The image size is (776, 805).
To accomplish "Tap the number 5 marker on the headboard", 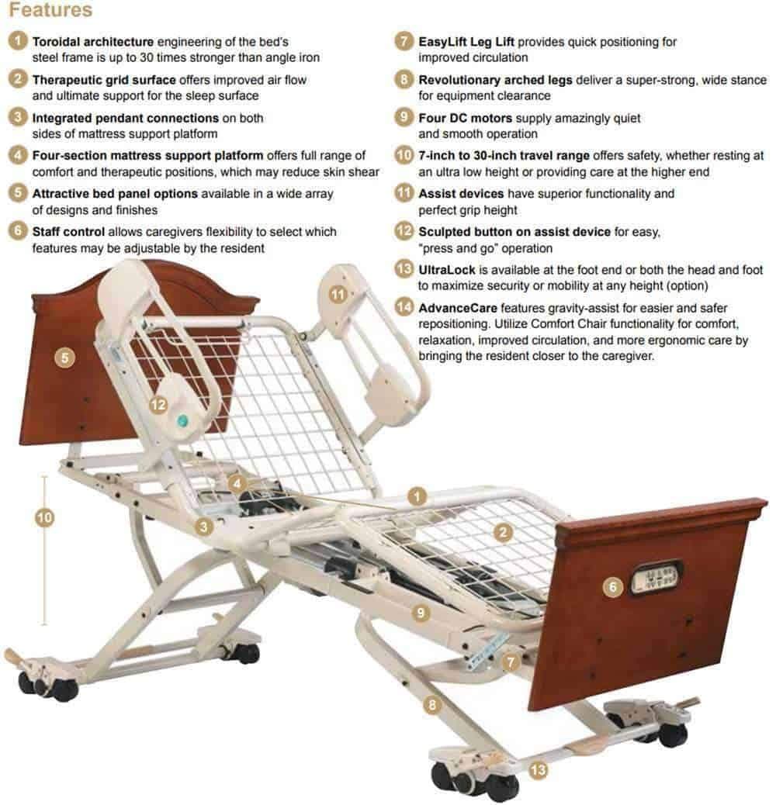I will coord(66,358).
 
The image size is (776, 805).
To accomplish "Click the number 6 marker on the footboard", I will coord(613,587).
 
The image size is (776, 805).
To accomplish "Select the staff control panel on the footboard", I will coord(655,578).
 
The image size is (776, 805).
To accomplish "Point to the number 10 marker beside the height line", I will coord(45,517).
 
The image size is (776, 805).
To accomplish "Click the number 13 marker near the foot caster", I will coord(537,770).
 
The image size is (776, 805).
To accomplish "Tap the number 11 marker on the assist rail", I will coord(337,294).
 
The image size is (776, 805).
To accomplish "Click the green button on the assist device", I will coord(183,420).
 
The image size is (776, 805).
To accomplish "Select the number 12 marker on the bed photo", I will coord(158,404).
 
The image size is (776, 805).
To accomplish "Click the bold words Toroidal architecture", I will coord(92,40).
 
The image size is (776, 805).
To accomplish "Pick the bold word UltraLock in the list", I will coord(446,269).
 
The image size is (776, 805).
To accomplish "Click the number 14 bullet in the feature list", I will coord(404,307).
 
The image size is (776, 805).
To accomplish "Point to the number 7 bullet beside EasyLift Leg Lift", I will coord(404,42).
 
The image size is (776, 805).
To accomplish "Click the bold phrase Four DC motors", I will coord(466,118).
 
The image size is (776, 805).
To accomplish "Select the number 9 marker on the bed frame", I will coord(421,613).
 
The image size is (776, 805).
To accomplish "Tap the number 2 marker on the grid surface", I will coord(503,531).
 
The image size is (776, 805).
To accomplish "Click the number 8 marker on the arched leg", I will coord(432,705).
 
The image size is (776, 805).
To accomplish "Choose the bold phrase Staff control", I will coord(68,231).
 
